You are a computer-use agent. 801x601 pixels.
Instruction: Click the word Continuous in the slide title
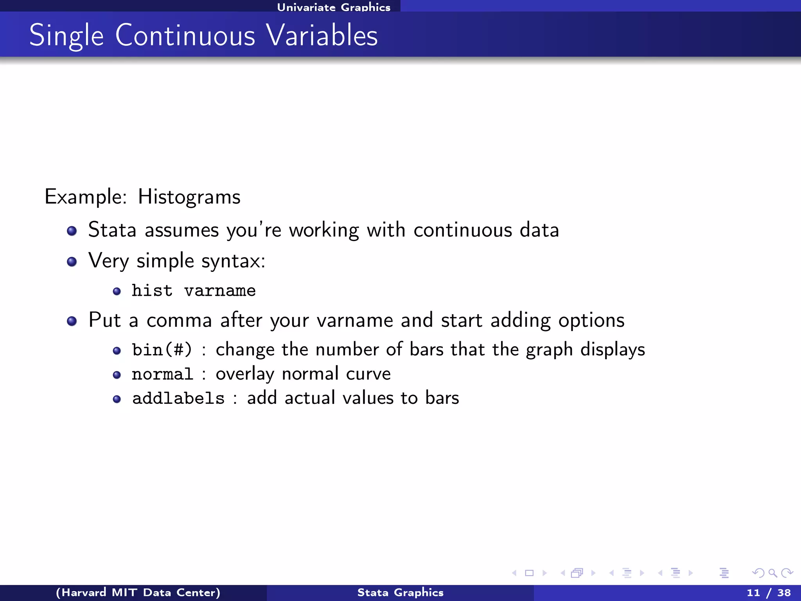tap(185, 36)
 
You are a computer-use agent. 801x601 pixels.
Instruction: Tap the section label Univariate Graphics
tap(334, 7)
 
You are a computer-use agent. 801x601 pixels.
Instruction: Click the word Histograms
tap(189, 197)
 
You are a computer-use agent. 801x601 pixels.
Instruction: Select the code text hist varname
tap(194, 291)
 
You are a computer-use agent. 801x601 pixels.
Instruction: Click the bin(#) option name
tap(162, 349)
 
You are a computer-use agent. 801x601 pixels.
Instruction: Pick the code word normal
tap(162, 374)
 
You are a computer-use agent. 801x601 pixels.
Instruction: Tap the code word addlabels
tap(178, 398)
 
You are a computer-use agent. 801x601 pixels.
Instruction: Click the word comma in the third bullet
tap(179, 320)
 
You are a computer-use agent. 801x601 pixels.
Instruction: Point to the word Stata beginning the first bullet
tap(112, 230)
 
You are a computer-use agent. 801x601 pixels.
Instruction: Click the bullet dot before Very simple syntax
tap(72, 261)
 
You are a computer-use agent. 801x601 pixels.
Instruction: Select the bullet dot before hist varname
tap(117, 291)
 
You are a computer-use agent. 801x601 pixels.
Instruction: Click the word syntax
tap(233, 261)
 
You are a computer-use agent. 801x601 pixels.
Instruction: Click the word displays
tap(612, 349)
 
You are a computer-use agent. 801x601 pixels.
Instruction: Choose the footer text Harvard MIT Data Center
tap(138, 592)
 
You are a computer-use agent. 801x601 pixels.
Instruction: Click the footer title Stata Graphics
tap(400, 592)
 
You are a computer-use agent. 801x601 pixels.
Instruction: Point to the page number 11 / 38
tap(769, 592)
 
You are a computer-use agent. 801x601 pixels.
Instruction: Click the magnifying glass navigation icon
tap(772, 573)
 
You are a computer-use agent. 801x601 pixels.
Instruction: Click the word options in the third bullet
tap(591, 320)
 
